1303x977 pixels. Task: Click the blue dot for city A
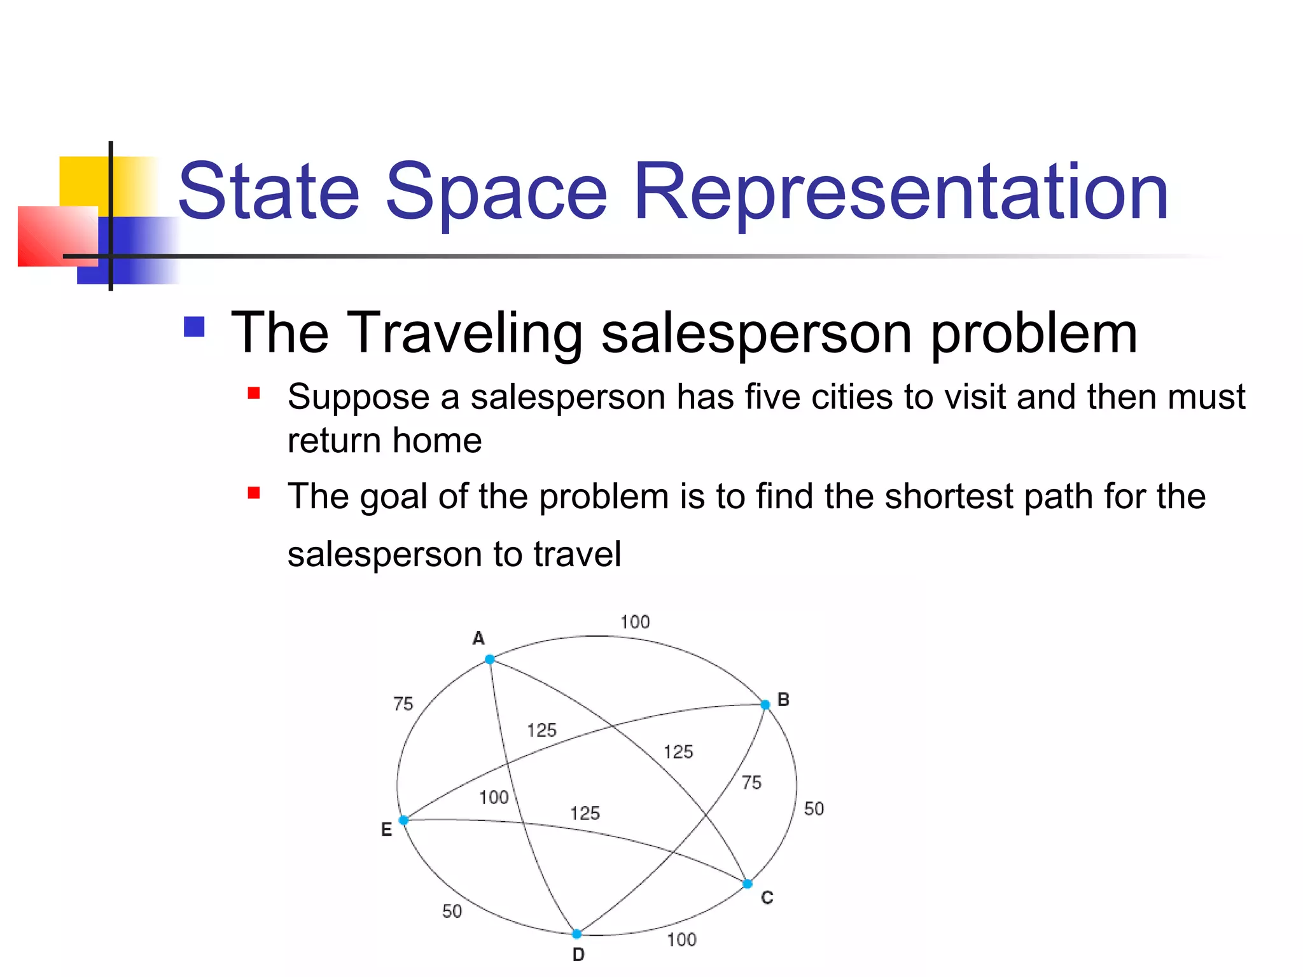click(x=490, y=659)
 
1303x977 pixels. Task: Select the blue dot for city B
click(x=765, y=704)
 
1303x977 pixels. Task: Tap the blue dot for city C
click(x=748, y=883)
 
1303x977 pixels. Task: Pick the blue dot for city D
click(x=576, y=934)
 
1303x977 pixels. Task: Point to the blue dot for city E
click(x=403, y=820)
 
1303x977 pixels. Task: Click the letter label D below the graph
click(x=578, y=955)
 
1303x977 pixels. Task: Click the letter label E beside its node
click(x=386, y=829)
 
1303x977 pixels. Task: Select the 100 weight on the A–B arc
click(x=635, y=622)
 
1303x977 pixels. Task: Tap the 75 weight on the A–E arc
click(x=403, y=704)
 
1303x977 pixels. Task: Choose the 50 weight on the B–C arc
click(x=814, y=809)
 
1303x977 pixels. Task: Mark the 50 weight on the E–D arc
click(x=452, y=911)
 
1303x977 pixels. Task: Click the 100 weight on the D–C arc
click(x=681, y=939)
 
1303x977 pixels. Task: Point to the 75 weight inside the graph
click(x=751, y=782)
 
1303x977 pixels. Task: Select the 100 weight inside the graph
click(x=494, y=797)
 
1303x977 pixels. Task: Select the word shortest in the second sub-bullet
click(x=949, y=496)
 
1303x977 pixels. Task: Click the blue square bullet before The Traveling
click(x=194, y=327)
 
